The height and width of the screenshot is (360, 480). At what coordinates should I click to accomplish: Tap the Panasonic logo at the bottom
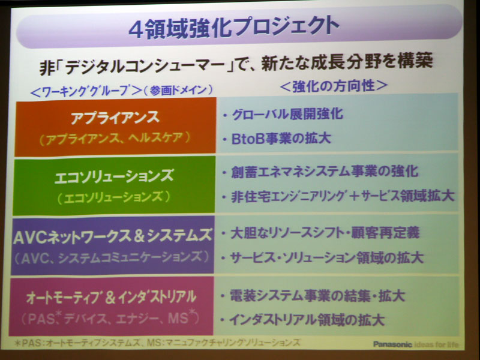[394, 344]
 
